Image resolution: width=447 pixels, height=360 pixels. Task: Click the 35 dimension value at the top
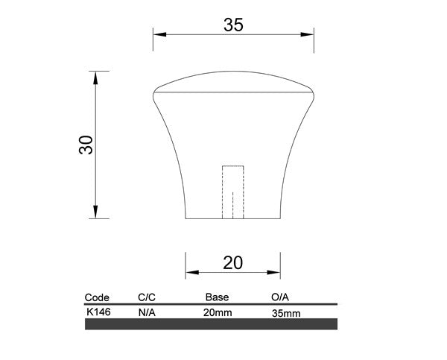(x=233, y=25)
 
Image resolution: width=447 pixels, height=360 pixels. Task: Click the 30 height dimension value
(x=86, y=145)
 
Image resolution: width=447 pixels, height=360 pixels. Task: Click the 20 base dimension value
(x=232, y=262)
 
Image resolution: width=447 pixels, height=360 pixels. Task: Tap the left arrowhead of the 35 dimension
(x=160, y=34)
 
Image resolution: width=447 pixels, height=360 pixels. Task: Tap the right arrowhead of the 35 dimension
(x=307, y=34)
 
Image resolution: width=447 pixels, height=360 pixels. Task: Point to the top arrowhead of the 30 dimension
(x=95, y=78)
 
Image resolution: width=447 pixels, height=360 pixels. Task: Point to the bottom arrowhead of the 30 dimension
(x=95, y=212)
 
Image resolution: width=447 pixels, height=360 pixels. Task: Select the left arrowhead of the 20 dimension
(x=192, y=273)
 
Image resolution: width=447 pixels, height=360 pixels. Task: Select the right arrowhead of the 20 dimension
(x=273, y=273)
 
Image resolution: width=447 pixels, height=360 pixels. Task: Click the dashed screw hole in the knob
(x=233, y=192)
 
